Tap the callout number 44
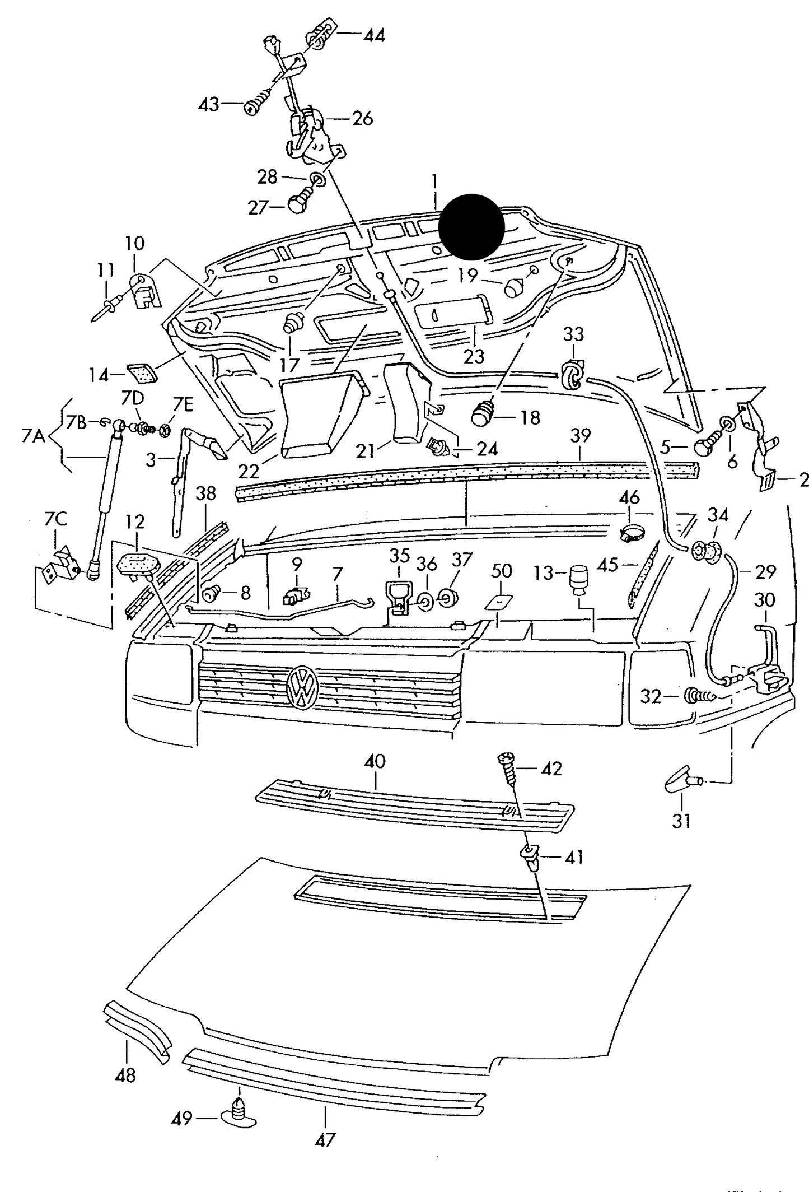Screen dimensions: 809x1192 pyautogui.click(x=374, y=36)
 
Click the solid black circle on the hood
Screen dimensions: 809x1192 pyautogui.click(x=471, y=227)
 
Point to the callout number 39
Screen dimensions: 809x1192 pyautogui.click(x=581, y=435)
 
